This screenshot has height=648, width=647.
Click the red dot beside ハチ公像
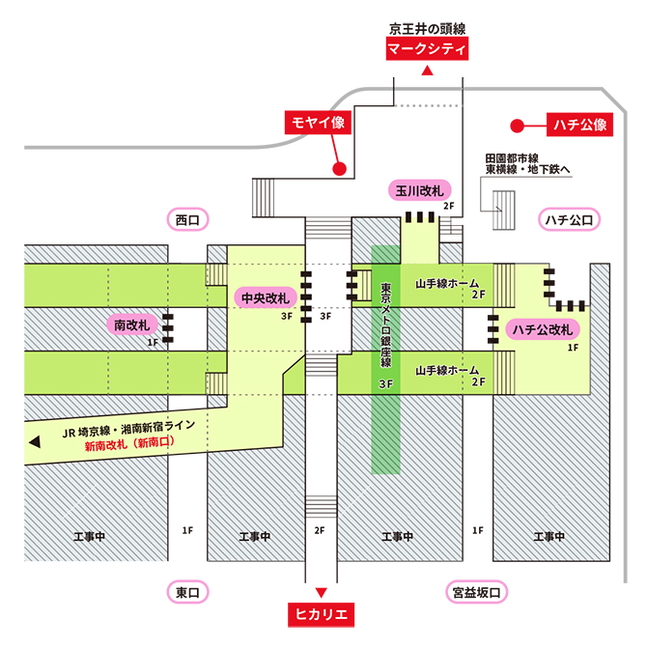click(517, 125)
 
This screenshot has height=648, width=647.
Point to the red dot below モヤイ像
click(339, 169)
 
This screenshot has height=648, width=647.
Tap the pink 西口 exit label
click(187, 220)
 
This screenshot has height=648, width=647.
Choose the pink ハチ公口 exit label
click(569, 220)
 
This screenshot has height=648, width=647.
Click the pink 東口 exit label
click(187, 591)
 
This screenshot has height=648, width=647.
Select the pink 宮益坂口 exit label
click(478, 591)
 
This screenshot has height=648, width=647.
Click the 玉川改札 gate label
click(419, 190)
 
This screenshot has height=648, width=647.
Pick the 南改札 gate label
click(132, 324)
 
